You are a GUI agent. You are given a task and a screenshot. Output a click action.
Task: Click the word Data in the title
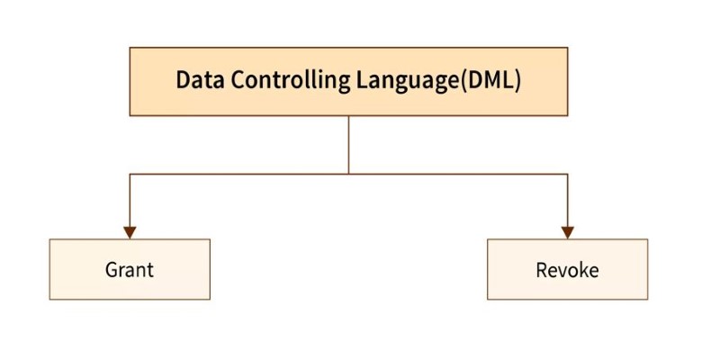click(200, 80)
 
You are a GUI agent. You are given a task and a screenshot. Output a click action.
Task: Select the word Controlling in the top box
click(290, 80)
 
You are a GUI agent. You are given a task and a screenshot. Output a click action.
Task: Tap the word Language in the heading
click(408, 82)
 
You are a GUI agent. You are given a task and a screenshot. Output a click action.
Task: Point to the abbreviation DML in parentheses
click(490, 80)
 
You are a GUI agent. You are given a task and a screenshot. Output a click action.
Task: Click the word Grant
click(129, 269)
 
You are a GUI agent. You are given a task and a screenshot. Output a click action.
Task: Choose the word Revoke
click(567, 270)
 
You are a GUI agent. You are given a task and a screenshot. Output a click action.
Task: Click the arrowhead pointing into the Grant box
click(130, 232)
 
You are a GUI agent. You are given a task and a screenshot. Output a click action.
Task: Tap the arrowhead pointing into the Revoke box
click(568, 232)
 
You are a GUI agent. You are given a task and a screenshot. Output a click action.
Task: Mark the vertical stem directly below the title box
click(348, 145)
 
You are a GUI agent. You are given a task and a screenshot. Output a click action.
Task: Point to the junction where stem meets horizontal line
click(348, 174)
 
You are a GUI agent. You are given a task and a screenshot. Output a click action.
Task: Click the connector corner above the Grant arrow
click(130, 174)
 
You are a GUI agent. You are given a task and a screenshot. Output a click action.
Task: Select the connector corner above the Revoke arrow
click(568, 174)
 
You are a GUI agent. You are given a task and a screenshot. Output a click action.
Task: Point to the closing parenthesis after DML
click(517, 81)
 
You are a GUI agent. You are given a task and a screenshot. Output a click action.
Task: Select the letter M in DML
click(490, 80)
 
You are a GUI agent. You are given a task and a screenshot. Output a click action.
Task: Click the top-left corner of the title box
click(130, 48)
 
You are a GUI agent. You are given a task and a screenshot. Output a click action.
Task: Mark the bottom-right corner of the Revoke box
click(647, 300)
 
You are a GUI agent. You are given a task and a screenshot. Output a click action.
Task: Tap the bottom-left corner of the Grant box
click(49, 300)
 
